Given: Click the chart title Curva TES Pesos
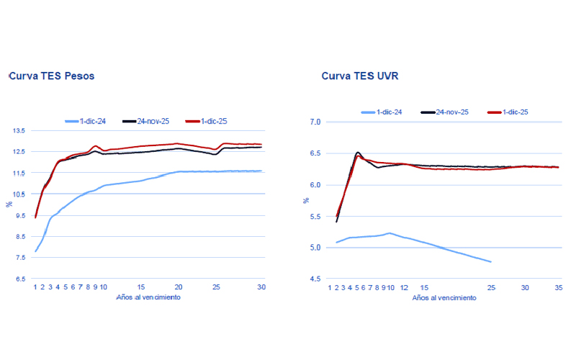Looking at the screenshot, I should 51,76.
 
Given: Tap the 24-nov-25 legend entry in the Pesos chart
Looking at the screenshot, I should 152,121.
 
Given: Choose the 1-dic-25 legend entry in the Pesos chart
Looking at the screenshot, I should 213,121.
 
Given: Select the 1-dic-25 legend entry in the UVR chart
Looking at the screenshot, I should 513,112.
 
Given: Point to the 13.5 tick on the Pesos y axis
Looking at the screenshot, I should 19,130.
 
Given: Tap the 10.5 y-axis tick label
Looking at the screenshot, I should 19,194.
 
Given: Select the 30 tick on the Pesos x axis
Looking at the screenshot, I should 262,287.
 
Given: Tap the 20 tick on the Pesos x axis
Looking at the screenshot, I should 179,287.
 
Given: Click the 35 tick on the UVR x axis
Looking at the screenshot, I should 558,287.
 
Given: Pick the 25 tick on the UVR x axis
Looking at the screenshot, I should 491,287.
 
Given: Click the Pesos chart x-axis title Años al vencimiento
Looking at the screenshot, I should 148,297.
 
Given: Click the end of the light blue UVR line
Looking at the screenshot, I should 491,261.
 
